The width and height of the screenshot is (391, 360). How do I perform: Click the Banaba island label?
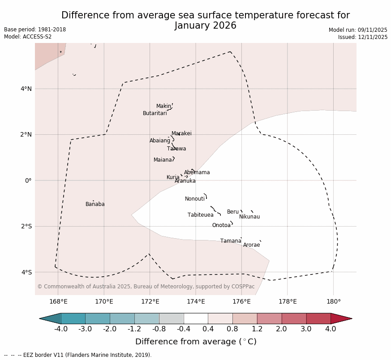coord(95,204)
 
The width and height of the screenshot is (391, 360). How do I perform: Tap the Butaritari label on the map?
coord(155,113)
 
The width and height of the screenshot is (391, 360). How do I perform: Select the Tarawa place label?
coord(176,149)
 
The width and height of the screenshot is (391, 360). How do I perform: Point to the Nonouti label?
coord(195,199)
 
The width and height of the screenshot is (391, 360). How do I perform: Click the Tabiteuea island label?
coord(201,215)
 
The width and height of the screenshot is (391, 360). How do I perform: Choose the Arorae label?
coord(251,245)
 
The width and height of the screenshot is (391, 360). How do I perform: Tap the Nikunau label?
coord(249,217)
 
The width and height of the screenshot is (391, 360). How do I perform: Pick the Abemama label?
coord(197,172)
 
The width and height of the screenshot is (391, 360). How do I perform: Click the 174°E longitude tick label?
coord(196,301)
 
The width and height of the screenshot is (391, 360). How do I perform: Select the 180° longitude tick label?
coord(333,301)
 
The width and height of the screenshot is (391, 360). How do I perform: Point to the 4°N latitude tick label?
coord(26,89)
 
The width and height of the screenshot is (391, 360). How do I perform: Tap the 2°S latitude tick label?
coord(26,226)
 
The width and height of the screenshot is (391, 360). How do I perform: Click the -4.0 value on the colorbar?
coord(61,329)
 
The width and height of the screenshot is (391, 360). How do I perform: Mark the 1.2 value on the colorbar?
coord(257,329)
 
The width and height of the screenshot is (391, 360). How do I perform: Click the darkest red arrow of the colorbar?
coord(341,318)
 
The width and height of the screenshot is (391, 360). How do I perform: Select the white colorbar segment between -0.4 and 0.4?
coord(196,318)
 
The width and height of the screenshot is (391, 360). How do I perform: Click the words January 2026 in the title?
coord(206,26)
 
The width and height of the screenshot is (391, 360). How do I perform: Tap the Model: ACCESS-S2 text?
coord(28,37)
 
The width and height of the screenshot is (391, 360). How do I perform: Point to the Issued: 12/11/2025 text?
coord(363,37)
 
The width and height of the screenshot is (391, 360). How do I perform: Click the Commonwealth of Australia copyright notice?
coord(146,287)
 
